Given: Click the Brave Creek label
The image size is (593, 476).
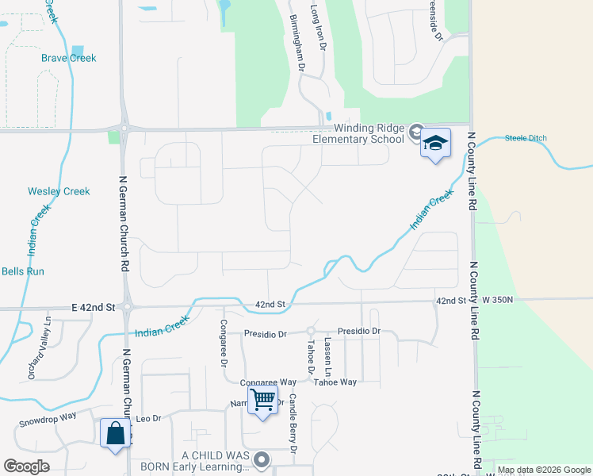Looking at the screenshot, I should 69,58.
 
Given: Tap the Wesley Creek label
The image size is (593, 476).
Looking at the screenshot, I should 59,191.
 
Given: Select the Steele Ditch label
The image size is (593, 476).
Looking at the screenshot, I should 526,139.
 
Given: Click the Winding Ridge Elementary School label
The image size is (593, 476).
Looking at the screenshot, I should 369,133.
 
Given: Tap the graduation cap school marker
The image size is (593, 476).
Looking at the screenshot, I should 434,143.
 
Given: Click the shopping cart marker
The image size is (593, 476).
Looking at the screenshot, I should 262,399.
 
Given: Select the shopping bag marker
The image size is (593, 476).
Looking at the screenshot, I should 116,433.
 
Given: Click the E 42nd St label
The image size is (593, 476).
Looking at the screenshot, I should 94,306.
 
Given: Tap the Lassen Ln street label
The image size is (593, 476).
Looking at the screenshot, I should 328,356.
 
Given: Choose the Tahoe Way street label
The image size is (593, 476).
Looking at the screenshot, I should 335,382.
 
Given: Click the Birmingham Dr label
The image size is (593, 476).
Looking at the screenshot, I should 296,42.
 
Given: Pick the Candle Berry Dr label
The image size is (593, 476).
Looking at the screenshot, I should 293,424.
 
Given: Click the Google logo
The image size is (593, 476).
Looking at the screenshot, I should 27,466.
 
